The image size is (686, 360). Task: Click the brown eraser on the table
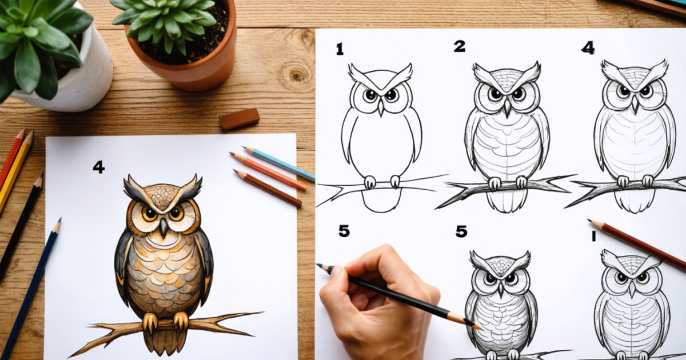tap(239, 118)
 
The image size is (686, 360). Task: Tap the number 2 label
tap(459, 46)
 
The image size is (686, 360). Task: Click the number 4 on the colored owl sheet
tap(98, 167)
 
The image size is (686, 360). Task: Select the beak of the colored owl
tap(163, 227)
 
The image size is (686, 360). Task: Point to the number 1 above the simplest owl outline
tap(340, 50)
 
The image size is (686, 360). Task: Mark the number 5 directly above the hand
tap(344, 231)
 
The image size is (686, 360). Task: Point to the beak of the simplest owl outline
tap(381, 107)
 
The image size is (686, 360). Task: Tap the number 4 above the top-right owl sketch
tap(588, 48)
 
